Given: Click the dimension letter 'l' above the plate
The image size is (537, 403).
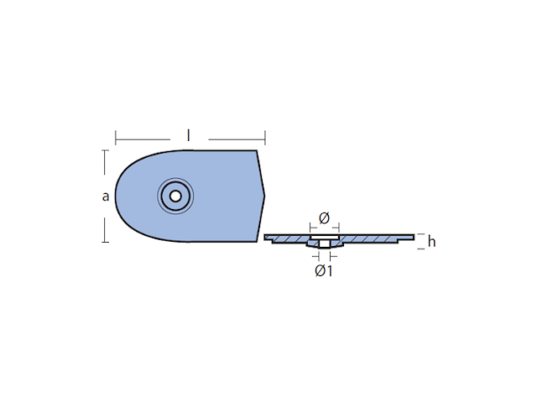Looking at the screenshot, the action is (x=188, y=135).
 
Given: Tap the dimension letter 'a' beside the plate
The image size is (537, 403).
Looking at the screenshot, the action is (x=106, y=196).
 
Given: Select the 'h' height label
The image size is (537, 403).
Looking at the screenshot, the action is (x=431, y=242).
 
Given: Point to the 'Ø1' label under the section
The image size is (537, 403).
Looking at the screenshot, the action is (x=324, y=271).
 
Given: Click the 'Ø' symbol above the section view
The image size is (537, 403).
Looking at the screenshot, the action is (x=324, y=218).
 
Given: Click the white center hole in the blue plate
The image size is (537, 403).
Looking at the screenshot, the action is (x=175, y=196).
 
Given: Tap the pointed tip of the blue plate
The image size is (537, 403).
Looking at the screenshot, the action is (x=264, y=196).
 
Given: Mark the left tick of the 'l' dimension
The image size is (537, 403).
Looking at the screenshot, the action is (x=116, y=138).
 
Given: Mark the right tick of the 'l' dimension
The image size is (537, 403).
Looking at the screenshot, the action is (x=265, y=138).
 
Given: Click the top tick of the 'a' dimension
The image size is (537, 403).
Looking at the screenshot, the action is (x=105, y=150).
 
